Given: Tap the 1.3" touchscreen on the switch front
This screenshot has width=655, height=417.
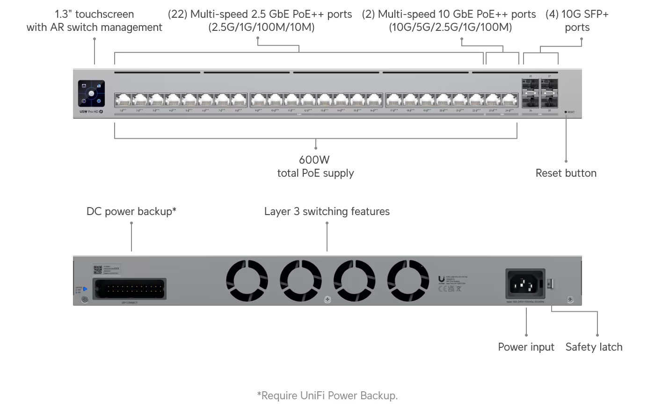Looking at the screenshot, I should click(x=91, y=93).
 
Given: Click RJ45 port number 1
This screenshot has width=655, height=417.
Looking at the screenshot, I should click(x=123, y=100).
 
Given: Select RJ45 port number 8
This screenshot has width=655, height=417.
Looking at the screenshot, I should click(x=239, y=100).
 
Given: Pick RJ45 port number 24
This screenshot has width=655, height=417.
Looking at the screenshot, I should click(x=509, y=100).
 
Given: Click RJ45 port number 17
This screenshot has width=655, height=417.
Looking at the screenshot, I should click(x=393, y=100).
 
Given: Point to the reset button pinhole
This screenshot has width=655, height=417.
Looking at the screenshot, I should click(x=566, y=112).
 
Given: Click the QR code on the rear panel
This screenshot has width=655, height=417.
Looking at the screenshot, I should click(x=98, y=270).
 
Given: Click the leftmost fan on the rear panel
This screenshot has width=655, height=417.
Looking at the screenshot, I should click(x=247, y=281).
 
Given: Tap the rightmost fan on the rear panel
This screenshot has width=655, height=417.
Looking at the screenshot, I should click(x=408, y=281).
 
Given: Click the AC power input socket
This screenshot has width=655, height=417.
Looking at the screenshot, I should click(x=525, y=283).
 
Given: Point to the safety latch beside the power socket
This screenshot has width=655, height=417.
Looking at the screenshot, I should click(x=551, y=283).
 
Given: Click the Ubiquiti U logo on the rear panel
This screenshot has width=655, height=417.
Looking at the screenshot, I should click(x=441, y=279).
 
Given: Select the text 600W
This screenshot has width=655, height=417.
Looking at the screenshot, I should click(x=314, y=160).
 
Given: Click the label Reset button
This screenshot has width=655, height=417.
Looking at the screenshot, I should click(x=566, y=173).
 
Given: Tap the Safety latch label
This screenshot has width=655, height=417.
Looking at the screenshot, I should click(x=594, y=347).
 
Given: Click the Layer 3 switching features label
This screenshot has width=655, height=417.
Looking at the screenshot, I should click(x=327, y=212).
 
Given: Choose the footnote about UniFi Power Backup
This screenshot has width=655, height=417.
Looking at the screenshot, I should click(x=327, y=396).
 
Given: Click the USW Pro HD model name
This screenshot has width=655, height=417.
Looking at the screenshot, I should click(x=89, y=112).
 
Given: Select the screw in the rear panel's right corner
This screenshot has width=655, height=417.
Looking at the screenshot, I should click(x=570, y=300).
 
